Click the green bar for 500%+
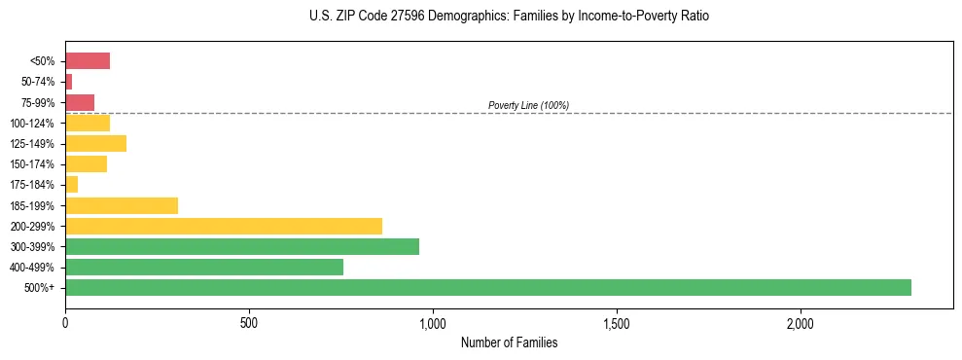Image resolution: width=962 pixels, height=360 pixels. click(487, 287)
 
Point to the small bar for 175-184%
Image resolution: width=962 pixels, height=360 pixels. click(71, 185)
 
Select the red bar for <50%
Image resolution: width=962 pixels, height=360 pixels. click(88, 61)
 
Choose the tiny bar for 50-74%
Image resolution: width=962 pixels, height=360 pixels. click(68, 82)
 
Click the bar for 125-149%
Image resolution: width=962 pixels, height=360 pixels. click(95, 143)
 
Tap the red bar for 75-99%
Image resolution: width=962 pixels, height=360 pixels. click(80, 102)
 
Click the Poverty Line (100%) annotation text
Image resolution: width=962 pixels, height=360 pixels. click(528, 105)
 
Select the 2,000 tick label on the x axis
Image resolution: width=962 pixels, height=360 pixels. click(801, 322)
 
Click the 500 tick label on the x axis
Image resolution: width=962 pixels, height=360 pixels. click(249, 322)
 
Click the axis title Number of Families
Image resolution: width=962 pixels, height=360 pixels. click(509, 342)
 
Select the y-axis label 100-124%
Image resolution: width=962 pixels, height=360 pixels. click(32, 124)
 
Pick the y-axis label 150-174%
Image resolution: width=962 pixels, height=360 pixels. click(32, 164)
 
